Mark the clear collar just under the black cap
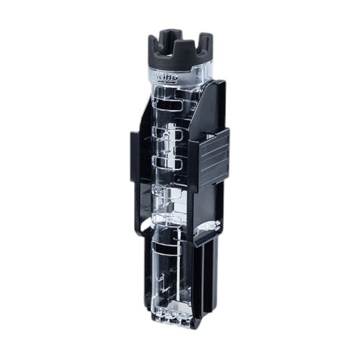click(176, 71)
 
